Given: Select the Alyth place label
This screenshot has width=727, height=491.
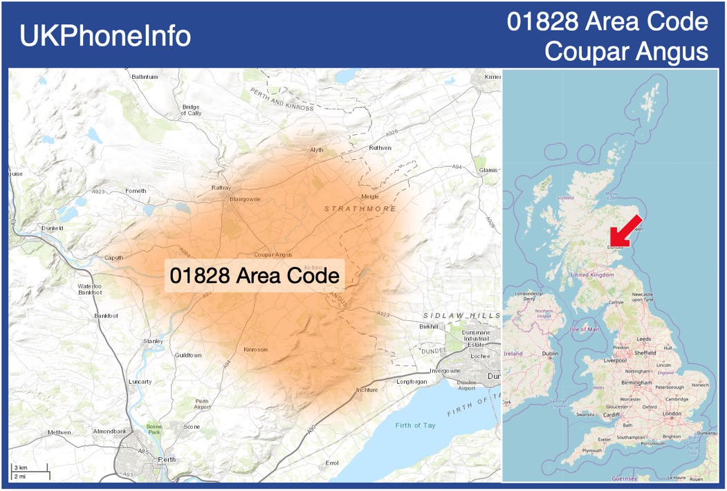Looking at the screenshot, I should pyautogui.click(x=317, y=150).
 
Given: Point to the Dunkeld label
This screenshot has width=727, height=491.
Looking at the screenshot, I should pyautogui.click(x=53, y=228).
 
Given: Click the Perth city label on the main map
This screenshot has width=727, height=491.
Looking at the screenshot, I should pyautogui.click(x=167, y=459).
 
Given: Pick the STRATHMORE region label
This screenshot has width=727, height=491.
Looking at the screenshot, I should pyautogui.click(x=360, y=208).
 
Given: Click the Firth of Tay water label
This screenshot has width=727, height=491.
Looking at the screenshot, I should pyautogui.click(x=416, y=425).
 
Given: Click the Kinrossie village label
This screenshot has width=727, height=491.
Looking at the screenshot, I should pyautogui.click(x=256, y=349).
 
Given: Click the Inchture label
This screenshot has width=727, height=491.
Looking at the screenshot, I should pyautogui.click(x=367, y=390).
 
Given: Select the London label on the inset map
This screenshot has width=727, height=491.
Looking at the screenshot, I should pyautogui.click(x=672, y=414).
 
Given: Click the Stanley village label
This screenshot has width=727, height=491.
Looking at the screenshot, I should pyautogui.click(x=153, y=341).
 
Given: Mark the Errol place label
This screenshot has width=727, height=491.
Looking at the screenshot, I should pyautogui.click(x=332, y=463).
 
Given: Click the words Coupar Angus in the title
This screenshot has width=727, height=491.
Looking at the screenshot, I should pyautogui.click(x=626, y=51).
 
